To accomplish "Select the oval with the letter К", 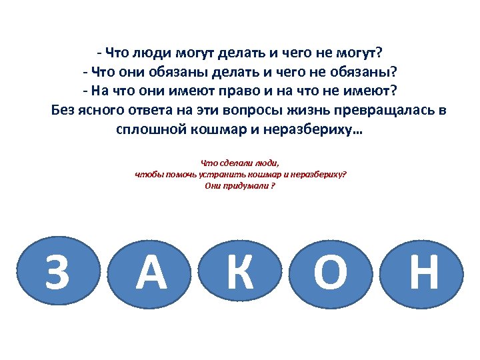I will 241,273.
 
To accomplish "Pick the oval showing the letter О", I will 331,273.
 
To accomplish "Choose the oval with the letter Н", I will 423,273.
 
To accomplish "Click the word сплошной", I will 145,129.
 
